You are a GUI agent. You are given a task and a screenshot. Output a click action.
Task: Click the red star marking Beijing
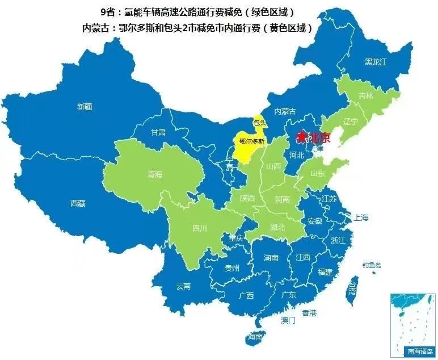point(301,137)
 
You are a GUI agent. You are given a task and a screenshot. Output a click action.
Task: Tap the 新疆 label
point(85,106)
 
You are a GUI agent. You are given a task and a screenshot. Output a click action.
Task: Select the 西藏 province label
point(78,203)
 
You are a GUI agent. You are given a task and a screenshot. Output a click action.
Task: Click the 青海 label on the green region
point(155,174)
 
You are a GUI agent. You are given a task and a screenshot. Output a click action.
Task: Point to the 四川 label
point(200,228)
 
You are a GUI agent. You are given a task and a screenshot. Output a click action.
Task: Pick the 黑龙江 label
point(375,62)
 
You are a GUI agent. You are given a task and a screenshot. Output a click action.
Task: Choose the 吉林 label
point(366,96)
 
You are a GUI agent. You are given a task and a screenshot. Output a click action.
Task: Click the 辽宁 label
point(350,122)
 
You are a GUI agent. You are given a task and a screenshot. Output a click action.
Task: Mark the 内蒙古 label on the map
point(285,111)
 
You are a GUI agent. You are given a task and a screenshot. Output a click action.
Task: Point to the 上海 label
point(361,217)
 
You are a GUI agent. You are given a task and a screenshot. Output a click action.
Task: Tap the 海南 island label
point(255,337)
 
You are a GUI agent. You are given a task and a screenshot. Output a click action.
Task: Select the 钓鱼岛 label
point(372,265)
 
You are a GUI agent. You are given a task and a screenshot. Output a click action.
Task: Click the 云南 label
point(183,286)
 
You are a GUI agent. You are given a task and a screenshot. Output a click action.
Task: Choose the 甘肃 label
point(158,132)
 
